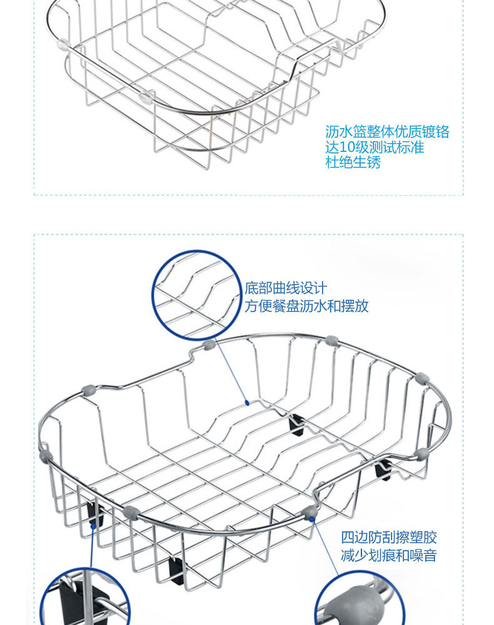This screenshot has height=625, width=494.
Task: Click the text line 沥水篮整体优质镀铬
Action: (387, 132)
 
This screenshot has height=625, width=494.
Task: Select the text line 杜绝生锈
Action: (353, 163)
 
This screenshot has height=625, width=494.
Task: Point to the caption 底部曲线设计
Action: (286, 288)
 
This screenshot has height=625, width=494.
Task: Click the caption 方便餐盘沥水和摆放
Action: (306, 306)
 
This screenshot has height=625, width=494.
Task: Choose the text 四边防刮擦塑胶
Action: (388, 537)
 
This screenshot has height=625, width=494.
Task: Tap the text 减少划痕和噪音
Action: (388, 555)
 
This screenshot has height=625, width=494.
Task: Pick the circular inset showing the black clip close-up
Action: (84, 603)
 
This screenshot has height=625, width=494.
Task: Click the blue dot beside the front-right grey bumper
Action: (312, 518)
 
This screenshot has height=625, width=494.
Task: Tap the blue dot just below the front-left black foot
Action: (93, 526)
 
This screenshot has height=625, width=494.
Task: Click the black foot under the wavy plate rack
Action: (296, 425)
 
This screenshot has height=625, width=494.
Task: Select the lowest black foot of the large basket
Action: (176, 570)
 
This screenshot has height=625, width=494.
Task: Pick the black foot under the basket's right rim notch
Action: (384, 469)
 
